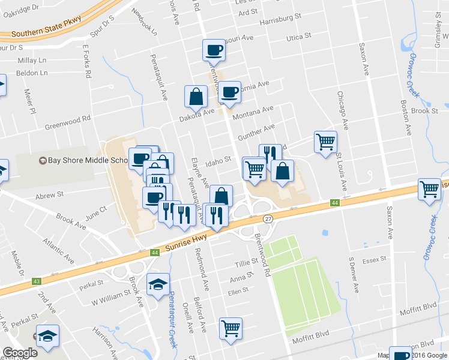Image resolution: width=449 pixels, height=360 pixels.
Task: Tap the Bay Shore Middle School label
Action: click(x=88, y=160)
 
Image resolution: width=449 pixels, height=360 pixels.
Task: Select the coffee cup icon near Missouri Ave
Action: click(x=213, y=50)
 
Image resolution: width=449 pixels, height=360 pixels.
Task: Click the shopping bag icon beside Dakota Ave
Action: click(x=195, y=95)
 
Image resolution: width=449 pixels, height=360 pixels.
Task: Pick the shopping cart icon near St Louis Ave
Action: click(x=325, y=142)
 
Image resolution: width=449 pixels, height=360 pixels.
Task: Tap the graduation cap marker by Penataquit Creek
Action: click(x=158, y=284)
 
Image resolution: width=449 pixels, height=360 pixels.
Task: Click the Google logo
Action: click(x=20, y=353)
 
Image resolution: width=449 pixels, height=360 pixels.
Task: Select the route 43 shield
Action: click(x=37, y=281)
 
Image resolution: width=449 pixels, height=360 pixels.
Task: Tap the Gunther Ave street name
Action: click(x=256, y=129)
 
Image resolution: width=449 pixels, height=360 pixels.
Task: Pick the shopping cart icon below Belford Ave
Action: click(x=231, y=328)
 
